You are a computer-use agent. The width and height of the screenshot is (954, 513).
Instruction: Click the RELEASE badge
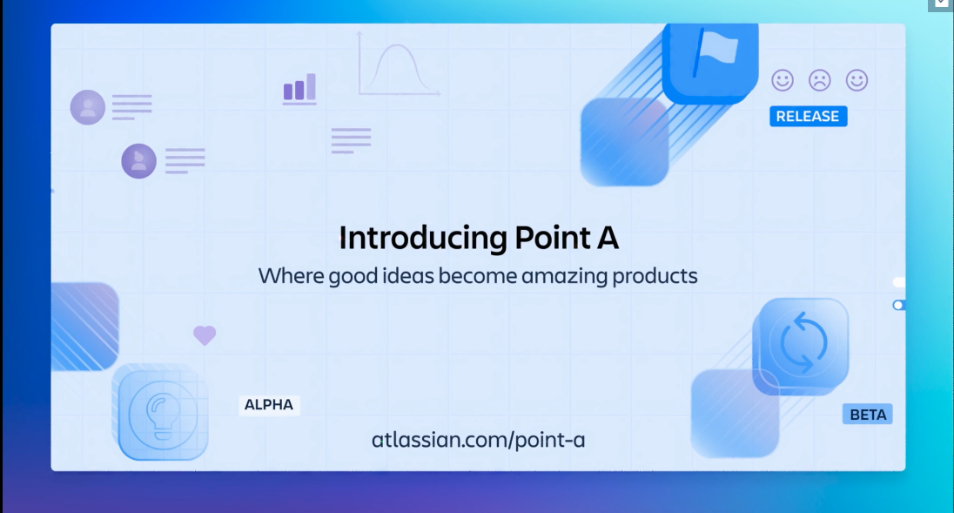[808, 117]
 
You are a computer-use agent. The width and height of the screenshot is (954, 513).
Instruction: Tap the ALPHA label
[269, 405]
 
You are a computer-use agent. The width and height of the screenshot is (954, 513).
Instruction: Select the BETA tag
[868, 415]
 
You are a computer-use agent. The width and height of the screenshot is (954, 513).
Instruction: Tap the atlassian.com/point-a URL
[478, 440]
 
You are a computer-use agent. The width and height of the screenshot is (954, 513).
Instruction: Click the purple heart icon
[205, 335]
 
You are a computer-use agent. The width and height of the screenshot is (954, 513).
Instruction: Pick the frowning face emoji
[819, 81]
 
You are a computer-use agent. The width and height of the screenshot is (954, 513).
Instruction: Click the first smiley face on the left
[783, 81]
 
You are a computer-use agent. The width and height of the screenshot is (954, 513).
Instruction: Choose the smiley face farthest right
[857, 81]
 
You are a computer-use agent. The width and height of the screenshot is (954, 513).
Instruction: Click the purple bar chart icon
[299, 89]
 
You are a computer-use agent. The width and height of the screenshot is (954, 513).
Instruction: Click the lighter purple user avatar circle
[88, 107]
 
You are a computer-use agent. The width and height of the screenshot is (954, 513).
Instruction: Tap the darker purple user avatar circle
[138, 161]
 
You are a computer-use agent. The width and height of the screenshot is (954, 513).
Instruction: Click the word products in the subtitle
[655, 277]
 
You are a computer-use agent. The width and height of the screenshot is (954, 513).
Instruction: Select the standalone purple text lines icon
[351, 140]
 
